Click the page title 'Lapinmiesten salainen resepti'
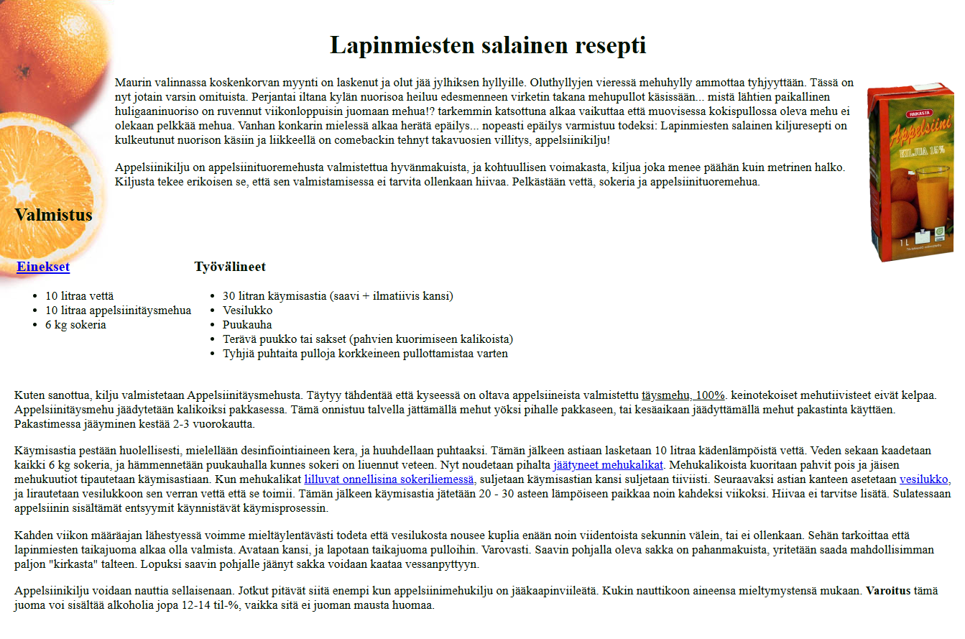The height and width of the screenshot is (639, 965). [488, 45]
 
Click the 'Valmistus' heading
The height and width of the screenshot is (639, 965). [53, 215]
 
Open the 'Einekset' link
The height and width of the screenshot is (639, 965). [43, 267]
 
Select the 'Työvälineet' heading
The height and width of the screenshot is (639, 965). [230, 267]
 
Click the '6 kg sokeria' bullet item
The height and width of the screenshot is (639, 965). [75, 325]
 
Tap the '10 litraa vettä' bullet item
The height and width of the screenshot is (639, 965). [79, 296]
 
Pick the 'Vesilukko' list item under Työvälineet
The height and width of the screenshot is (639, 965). [247, 311]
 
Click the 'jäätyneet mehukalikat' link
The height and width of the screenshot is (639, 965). [608, 464]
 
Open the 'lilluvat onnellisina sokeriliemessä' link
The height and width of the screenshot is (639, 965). [389, 479]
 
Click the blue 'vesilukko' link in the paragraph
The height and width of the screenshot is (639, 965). [924, 479]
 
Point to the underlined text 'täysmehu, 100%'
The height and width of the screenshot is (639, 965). [683, 395]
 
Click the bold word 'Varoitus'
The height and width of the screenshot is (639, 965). [887, 591]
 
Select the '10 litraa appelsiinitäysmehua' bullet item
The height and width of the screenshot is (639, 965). [118, 311]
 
